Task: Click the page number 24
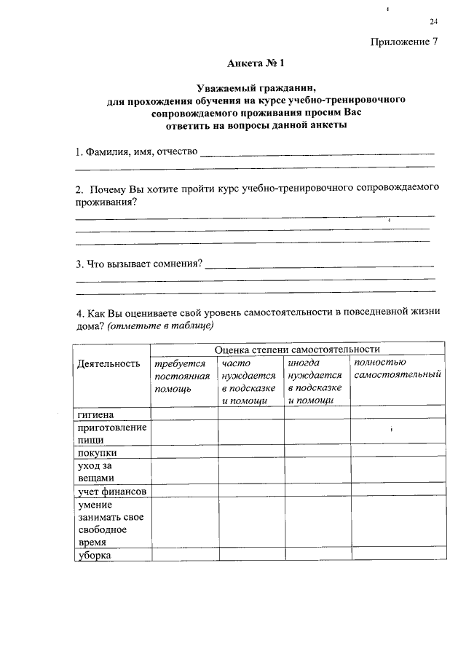click(x=434, y=21)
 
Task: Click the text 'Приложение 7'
click(x=405, y=41)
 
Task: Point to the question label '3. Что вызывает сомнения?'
click(x=139, y=263)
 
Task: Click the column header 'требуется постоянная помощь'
click(x=182, y=376)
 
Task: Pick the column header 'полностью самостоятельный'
click(x=398, y=368)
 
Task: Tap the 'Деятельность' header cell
click(x=108, y=363)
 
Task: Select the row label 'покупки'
click(x=95, y=452)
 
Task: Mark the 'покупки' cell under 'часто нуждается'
click(x=250, y=452)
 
